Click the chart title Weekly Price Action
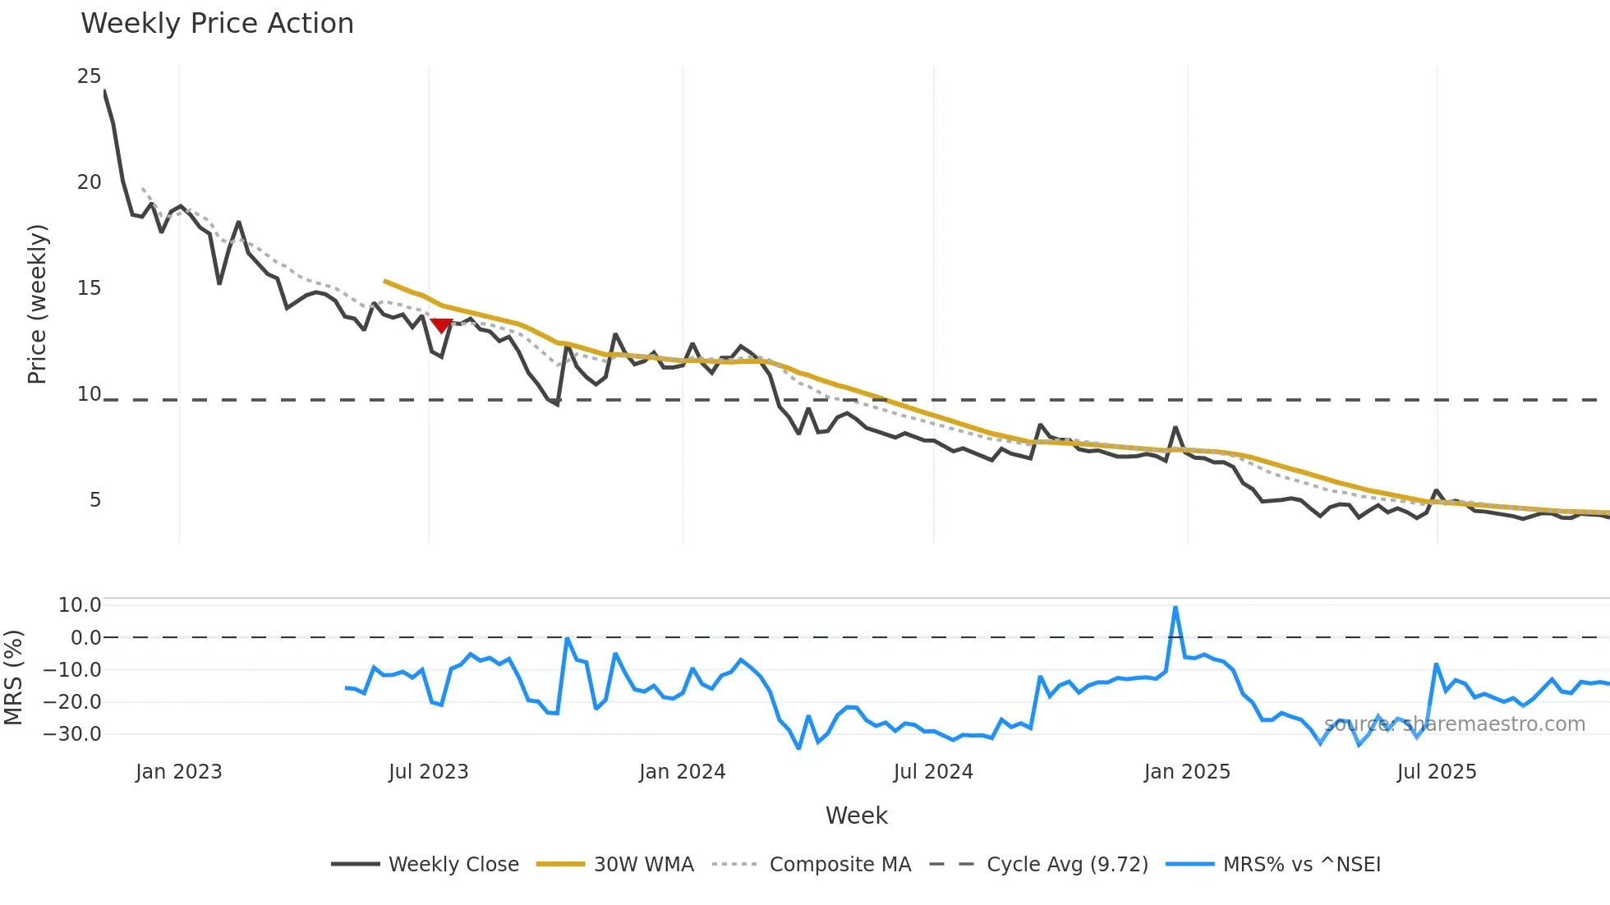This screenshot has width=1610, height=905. [x=217, y=24]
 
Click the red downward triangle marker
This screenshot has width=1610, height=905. [x=442, y=326]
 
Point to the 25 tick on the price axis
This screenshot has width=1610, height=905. [x=89, y=76]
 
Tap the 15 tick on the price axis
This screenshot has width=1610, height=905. [x=89, y=288]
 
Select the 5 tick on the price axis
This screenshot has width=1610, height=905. [x=95, y=500]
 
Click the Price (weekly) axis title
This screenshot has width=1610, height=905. [x=38, y=304]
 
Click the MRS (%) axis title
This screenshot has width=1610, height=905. [x=14, y=678]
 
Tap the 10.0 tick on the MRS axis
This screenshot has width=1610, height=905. [x=80, y=605]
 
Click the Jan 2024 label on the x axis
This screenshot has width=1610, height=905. [x=682, y=772]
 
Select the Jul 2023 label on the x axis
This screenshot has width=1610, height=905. [x=428, y=772]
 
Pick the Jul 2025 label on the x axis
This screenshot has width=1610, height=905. [x=1436, y=772]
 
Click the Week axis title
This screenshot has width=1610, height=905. [x=856, y=815]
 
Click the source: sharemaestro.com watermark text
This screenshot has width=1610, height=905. [x=1454, y=724]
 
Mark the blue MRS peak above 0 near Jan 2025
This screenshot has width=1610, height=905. [x=1175, y=609]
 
